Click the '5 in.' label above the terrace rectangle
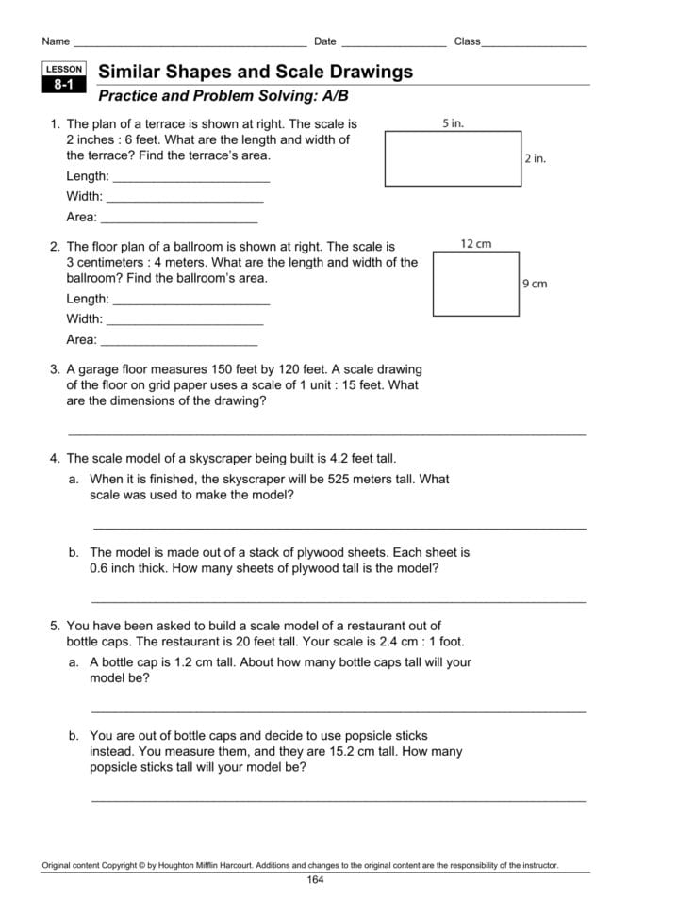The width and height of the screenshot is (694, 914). pos(453,123)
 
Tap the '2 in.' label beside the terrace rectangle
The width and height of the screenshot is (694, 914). pos(535,158)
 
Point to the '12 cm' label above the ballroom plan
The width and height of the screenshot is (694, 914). pos(475,244)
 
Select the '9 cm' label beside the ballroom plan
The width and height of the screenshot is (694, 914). pos(534,283)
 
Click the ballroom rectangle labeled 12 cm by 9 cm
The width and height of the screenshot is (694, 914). pos(476,284)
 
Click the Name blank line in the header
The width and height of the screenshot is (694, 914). pos(189,44)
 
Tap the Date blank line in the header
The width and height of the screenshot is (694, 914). pos(393,44)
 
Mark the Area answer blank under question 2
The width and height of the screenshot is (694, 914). pos(178,343)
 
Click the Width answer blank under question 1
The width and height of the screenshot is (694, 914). pos(185,200)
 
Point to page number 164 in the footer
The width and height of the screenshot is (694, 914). pos(315,880)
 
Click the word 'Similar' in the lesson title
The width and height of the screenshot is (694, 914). pos(130,72)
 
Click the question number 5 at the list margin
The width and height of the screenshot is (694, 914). pos(55,625)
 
